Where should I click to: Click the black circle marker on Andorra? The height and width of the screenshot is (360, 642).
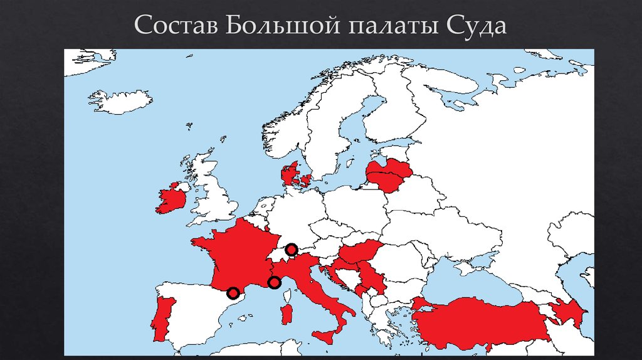pos(233,293)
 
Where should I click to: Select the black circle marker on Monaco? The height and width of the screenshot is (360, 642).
pos(274,283)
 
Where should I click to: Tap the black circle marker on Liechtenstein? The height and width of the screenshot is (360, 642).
pos(291,250)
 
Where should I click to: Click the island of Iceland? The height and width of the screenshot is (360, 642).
pos(119,102)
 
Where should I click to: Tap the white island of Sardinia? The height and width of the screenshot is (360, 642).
pos(288,313)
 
